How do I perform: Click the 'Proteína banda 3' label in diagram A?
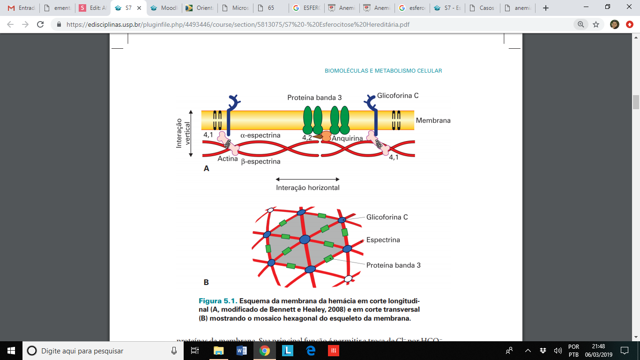coord(314,98)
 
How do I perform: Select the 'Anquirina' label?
coord(347,138)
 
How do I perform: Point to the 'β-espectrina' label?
coord(260,161)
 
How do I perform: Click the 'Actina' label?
coord(228,159)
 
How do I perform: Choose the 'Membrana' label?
coord(433,120)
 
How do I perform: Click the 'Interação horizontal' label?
coord(307,187)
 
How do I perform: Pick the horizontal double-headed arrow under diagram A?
coord(307,179)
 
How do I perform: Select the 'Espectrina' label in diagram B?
coord(383,240)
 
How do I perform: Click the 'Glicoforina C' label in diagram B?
coord(387,217)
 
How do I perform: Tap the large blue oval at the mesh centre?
coord(305,240)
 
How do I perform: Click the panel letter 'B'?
coord(206,283)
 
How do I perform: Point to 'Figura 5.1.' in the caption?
coord(219,300)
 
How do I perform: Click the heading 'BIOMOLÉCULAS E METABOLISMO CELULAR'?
coord(383,71)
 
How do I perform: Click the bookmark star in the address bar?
coord(596,24)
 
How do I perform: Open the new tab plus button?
coord(545,8)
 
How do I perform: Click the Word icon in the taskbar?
coord(242,351)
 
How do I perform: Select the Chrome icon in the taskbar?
coord(265,351)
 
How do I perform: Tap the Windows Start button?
coord(11,351)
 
